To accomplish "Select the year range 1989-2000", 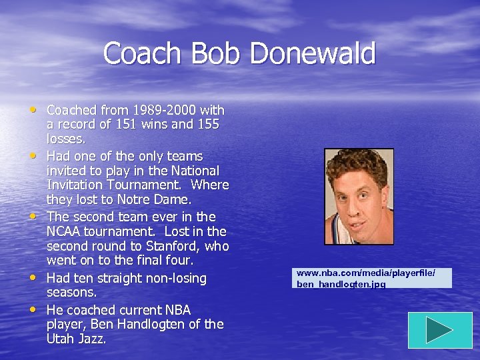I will pos(169,110).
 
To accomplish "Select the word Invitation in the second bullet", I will pos(77,185).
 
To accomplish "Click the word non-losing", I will pos(173,278).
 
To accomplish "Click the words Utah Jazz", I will pos(76,339).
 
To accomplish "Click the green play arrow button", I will pos(439,330).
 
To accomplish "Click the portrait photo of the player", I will pos(359,196).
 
